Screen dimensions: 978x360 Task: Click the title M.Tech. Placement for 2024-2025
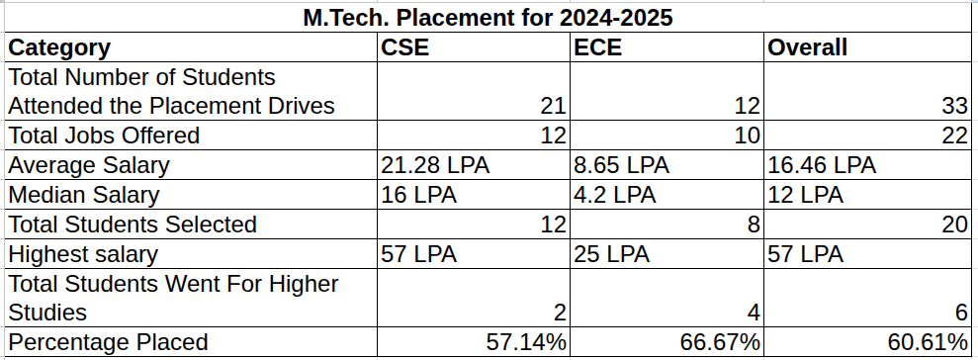[x=488, y=18]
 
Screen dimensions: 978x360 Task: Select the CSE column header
[x=404, y=47]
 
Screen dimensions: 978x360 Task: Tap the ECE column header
[x=597, y=47]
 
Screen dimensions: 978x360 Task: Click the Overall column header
[x=807, y=47]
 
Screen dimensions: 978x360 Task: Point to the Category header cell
[x=59, y=47]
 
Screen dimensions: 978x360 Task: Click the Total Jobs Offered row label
[x=104, y=135]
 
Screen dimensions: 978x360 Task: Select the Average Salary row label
[x=89, y=165]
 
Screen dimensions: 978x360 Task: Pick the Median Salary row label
[x=84, y=195]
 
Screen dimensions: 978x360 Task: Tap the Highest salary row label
[x=83, y=254]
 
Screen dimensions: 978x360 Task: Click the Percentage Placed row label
[x=107, y=342]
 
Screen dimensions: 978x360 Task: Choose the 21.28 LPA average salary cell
[x=435, y=165]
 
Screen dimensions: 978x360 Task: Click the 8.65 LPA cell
[x=621, y=165]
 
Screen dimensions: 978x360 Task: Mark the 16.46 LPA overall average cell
[x=822, y=165]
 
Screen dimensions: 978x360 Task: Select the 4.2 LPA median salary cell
[x=614, y=195]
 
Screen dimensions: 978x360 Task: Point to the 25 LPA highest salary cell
[x=611, y=254]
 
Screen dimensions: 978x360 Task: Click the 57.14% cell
[x=526, y=342]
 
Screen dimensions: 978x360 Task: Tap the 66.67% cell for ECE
[x=720, y=342]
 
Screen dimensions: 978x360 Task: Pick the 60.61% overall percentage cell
[x=927, y=342]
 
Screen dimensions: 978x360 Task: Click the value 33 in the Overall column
[x=954, y=106]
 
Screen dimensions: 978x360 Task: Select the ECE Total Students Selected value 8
[x=754, y=225]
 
